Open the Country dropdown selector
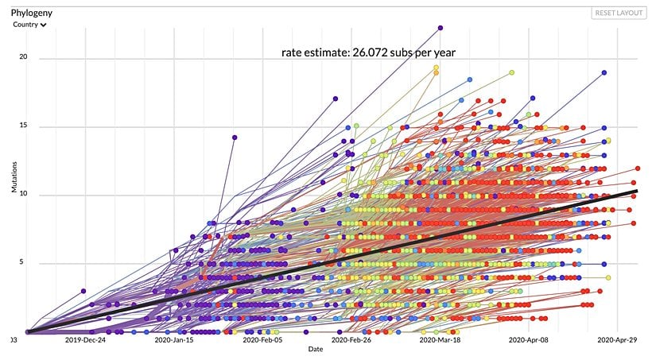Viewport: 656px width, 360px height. pos(30,25)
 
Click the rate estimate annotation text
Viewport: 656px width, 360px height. pos(368,52)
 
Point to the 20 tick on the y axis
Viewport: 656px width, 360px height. pos(23,58)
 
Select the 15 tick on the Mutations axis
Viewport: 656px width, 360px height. pos(23,126)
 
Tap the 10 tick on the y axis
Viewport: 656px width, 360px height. pos(23,195)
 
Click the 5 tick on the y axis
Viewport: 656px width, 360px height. pos(25,263)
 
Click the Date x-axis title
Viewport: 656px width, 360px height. pos(316,349)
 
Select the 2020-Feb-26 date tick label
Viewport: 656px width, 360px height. pos(351,340)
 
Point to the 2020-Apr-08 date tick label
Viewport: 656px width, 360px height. pos(526,340)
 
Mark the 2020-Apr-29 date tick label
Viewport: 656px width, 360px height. pos(613,340)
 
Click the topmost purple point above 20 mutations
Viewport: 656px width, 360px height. pos(440,29)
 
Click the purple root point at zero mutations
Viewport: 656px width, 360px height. pos(28,332)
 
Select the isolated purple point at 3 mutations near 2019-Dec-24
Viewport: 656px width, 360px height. pos(83,291)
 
